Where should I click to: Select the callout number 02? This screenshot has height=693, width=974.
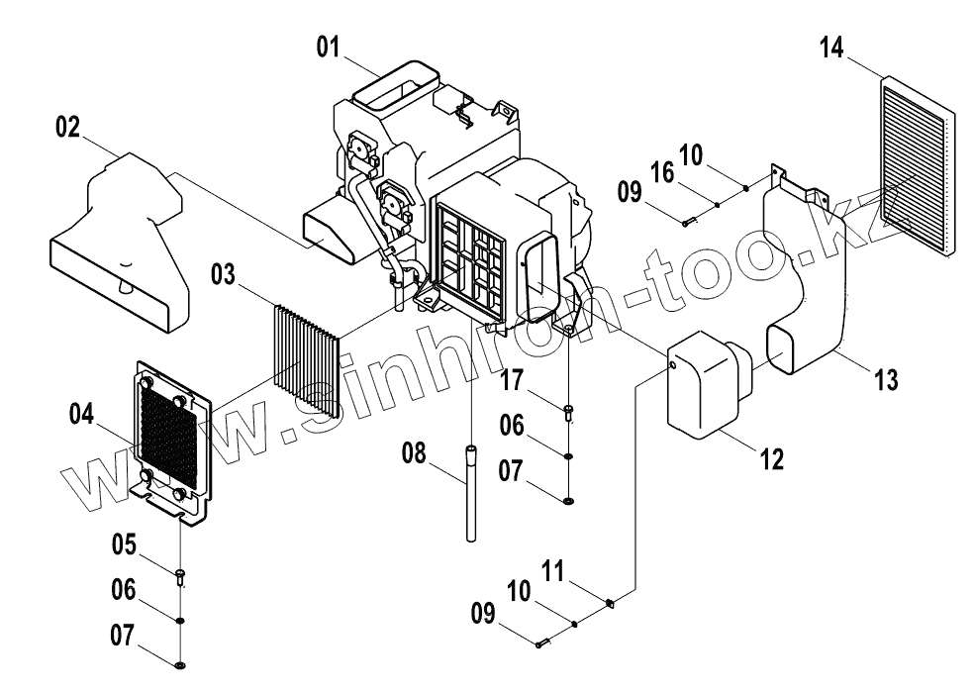[x=67, y=128]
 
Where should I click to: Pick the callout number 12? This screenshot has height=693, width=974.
[x=771, y=458]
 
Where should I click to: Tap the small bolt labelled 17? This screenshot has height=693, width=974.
[x=568, y=411]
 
